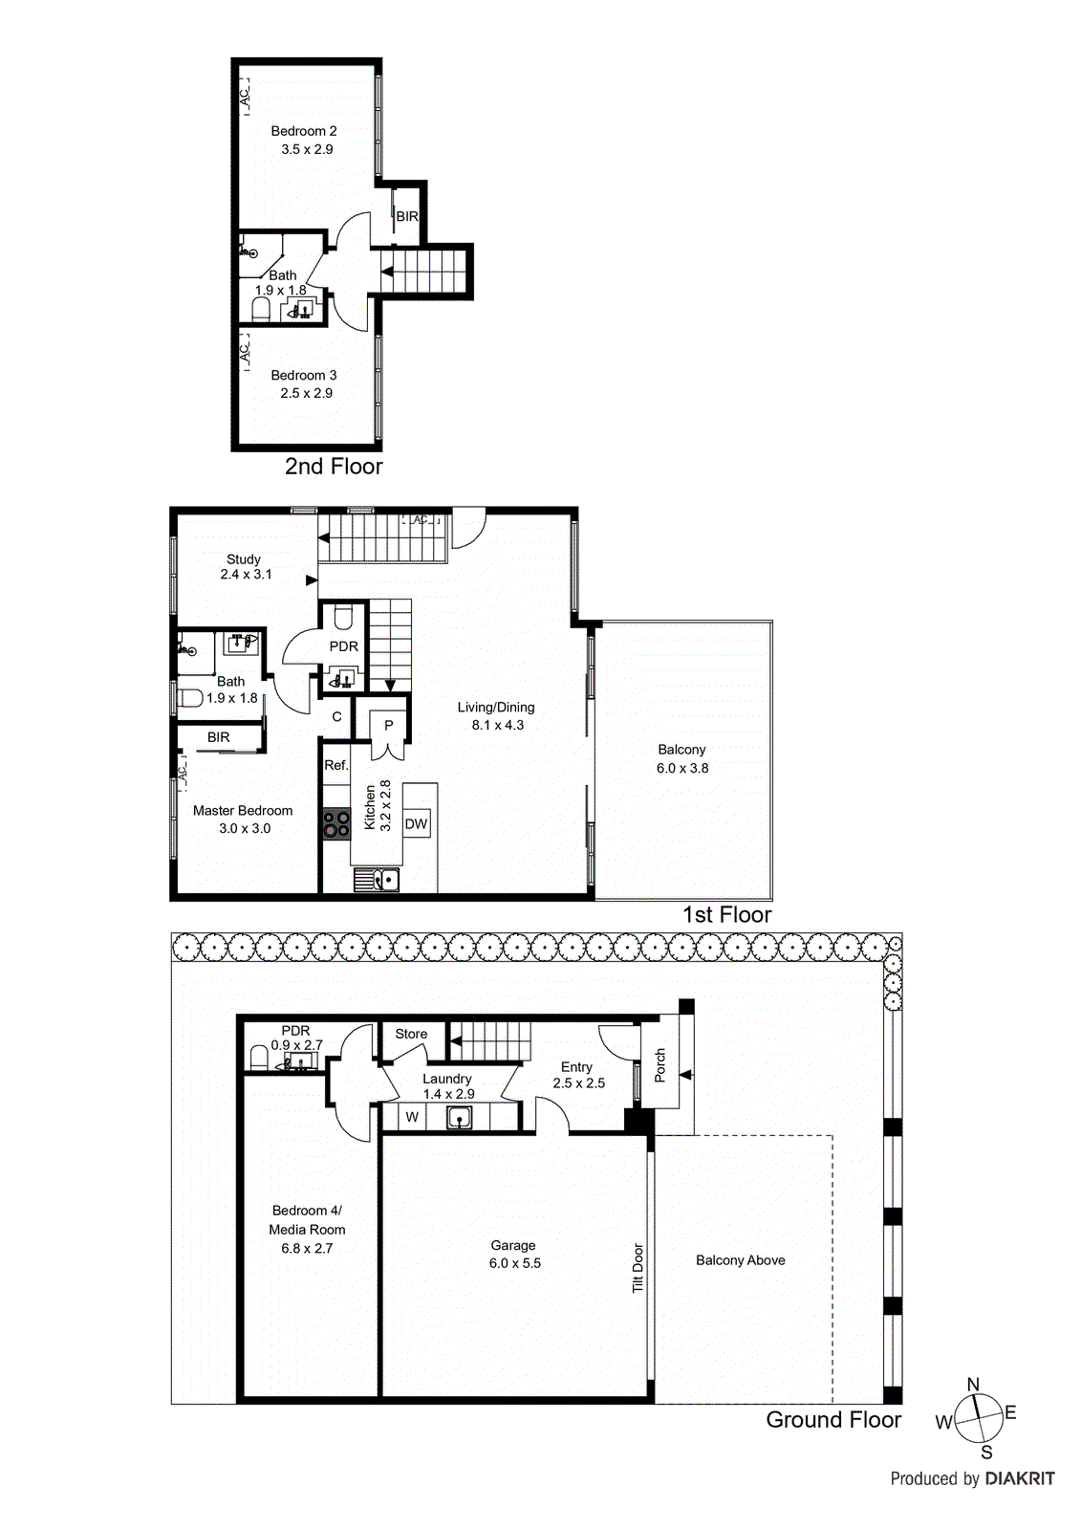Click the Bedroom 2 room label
(304, 131)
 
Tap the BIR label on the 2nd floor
(407, 217)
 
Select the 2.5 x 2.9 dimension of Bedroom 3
(307, 393)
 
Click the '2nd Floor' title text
(334, 467)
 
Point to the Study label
(244, 558)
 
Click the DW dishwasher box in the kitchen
(416, 824)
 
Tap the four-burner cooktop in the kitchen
(336, 824)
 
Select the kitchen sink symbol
(377, 879)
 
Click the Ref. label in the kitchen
(335, 765)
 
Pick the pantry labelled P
(389, 726)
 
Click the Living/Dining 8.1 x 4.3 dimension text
(497, 725)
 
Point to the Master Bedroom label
(243, 810)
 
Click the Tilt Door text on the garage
(638, 1268)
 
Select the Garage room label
(513, 1245)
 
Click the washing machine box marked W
(412, 1117)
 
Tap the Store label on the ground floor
(411, 1034)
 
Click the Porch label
(659, 1065)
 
